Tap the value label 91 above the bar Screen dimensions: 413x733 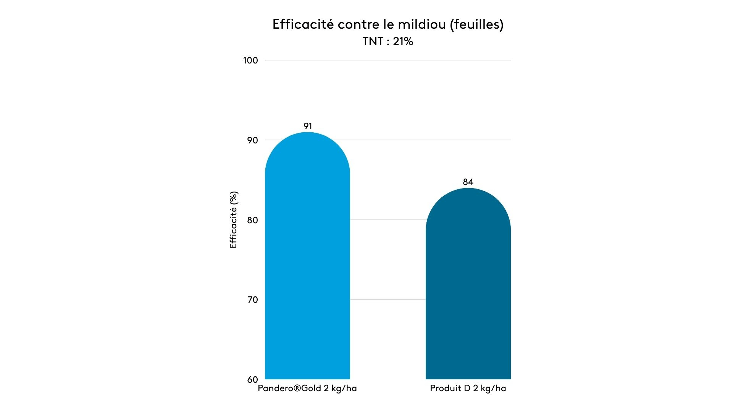click(x=308, y=126)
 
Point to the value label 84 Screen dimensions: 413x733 click(x=468, y=182)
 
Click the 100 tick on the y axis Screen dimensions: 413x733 click(x=250, y=60)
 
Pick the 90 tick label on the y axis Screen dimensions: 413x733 click(x=252, y=140)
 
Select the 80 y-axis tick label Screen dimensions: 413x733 click(x=252, y=220)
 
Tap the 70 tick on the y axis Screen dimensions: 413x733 click(x=252, y=300)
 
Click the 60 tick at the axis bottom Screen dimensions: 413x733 click(x=252, y=380)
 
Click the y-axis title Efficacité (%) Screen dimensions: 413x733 click(x=233, y=220)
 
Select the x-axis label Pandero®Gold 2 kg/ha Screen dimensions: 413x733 click(x=307, y=389)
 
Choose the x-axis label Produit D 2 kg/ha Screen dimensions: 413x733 click(x=468, y=389)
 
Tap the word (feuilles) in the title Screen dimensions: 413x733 click(x=477, y=24)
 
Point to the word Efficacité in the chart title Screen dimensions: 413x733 click(x=303, y=24)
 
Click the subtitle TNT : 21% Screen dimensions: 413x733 click(x=388, y=41)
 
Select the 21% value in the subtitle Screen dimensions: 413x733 click(x=403, y=41)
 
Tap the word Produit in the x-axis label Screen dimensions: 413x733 click(x=445, y=389)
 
